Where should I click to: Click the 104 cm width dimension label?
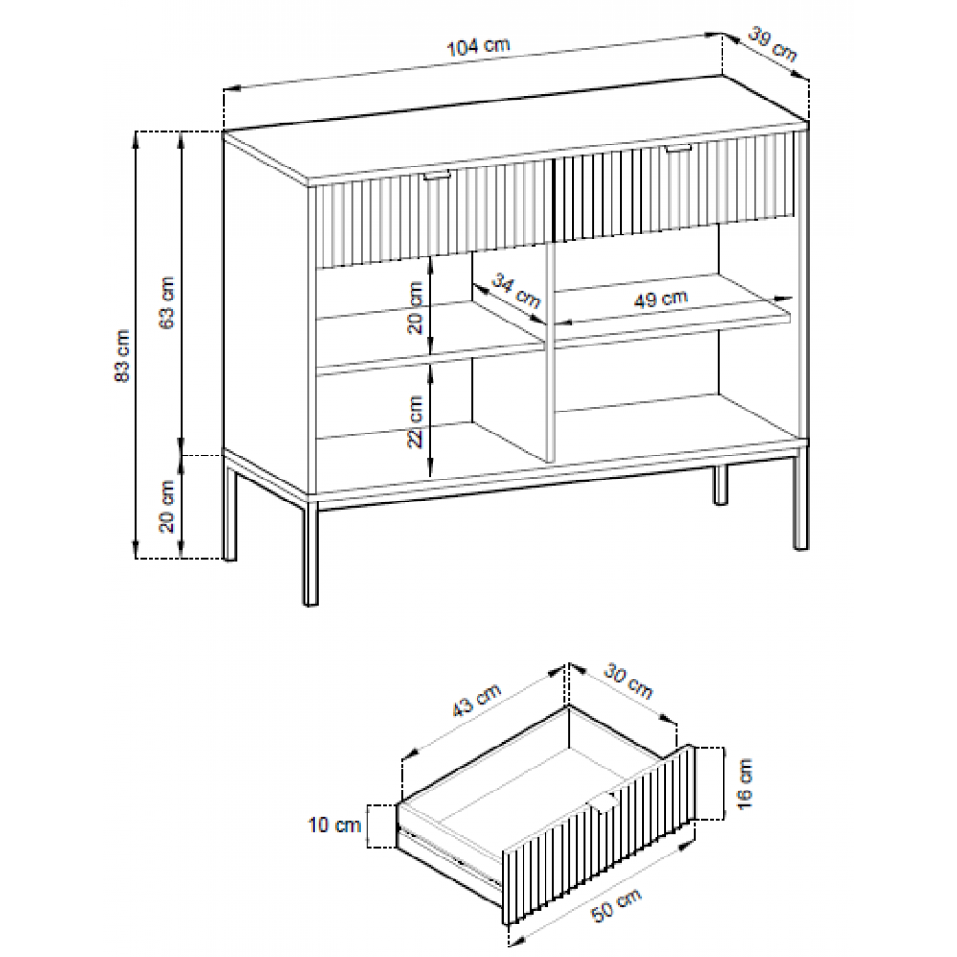[x=478, y=47]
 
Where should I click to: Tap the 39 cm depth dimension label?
[x=772, y=45]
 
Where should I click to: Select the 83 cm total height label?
[x=122, y=356]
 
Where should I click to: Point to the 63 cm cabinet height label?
[x=167, y=302]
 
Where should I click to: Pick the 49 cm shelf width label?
[x=661, y=299]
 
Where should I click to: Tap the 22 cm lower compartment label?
[x=415, y=422]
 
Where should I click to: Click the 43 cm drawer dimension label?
[x=476, y=700]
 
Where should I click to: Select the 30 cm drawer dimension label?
[x=628, y=681]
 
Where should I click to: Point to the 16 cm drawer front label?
[x=746, y=785]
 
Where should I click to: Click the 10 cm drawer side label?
[x=334, y=825]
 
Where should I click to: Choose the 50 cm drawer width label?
[x=617, y=904]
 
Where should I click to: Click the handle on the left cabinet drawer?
[x=437, y=176]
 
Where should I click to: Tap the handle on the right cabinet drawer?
[x=679, y=149]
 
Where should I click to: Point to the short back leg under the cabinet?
[x=721, y=485]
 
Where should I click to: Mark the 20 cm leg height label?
[x=167, y=506]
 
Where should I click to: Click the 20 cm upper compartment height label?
[x=415, y=308]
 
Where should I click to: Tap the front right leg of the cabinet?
[x=800, y=499]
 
